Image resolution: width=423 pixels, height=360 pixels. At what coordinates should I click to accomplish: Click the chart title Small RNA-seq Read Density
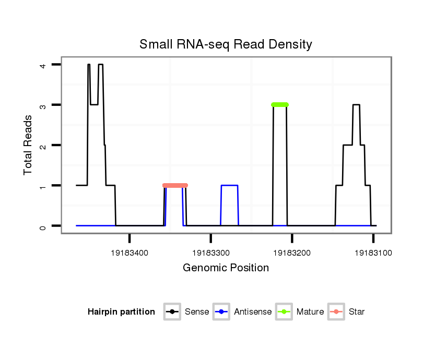click(226, 44)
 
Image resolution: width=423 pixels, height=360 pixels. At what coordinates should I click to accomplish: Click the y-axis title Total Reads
click(28, 145)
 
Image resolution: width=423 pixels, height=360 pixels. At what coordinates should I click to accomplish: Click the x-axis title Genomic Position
click(226, 268)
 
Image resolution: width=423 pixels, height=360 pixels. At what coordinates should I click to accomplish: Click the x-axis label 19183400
click(130, 253)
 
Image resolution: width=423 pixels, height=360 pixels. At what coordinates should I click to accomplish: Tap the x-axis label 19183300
click(210, 253)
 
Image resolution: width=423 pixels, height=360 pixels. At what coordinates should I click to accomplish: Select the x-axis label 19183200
click(292, 253)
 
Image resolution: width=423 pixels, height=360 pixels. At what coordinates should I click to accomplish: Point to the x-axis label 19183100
click(373, 253)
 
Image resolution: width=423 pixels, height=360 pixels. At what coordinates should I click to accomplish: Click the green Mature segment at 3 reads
click(280, 105)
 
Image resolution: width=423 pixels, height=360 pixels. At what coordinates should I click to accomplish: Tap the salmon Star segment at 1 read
click(175, 186)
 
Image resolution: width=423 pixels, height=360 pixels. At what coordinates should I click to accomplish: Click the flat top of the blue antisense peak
click(230, 185)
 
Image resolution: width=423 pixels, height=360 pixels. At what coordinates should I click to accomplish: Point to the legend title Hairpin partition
click(121, 312)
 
